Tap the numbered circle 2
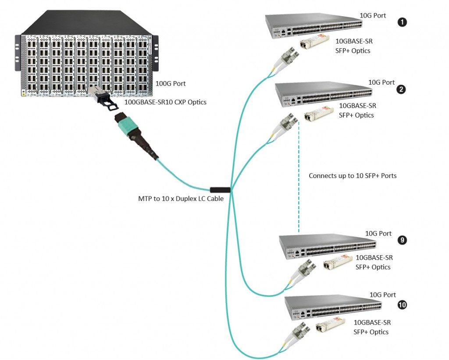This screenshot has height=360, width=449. click(400, 89)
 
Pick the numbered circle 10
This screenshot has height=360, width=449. click(402, 303)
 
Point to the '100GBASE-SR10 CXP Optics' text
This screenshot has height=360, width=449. click(165, 102)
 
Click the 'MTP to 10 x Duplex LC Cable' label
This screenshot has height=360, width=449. click(181, 199)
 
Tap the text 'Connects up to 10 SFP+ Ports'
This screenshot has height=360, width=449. click(353, 175)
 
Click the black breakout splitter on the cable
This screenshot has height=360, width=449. click(220, 190)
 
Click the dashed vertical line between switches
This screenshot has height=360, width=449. click(299, 175)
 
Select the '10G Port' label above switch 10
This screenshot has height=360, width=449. click(383, 295)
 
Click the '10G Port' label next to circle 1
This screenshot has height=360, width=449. click(373, 16)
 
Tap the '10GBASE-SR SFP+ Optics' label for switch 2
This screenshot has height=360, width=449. click(357, 110)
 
